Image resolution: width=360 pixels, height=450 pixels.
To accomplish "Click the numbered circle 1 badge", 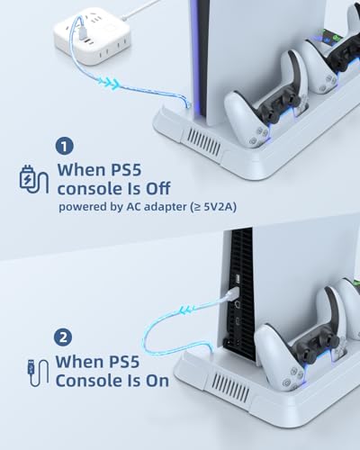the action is pyautogui.click(x=65, y=146).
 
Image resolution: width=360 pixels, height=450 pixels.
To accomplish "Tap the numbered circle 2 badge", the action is pyautogui.click(x=63, y=337).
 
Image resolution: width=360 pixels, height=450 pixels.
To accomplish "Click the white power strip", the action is pyautogui.click(x=92, y=35).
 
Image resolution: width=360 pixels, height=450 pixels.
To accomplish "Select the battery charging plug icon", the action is pyautogui.click(x=34, y=179).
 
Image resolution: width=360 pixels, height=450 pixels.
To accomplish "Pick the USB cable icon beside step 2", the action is pyautogui.click(x=38, y=373).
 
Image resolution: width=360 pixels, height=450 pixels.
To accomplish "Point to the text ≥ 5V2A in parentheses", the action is pyautogui.click(x=216, y=207).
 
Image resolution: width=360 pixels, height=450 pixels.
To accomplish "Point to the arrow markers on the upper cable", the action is pyautogui.click(x=110, y=84).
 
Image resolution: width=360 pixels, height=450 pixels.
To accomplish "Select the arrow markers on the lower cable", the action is pyautogui.click(x=188, y=310).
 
